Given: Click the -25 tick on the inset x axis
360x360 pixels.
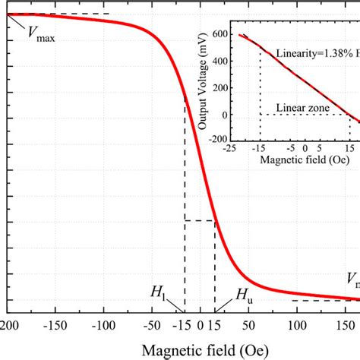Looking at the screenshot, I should click(238, 150).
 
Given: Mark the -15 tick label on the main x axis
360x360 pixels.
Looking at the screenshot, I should click(182, 326).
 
